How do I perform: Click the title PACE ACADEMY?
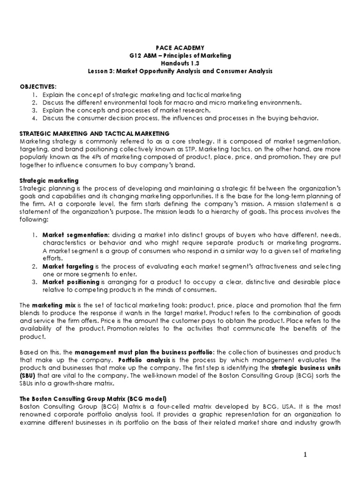coord(180,47)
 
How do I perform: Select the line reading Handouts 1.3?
coord(180,63)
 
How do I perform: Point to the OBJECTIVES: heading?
coord(37,87)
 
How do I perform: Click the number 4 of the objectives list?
coord(34,118)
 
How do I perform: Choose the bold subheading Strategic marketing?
coord(49,180)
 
